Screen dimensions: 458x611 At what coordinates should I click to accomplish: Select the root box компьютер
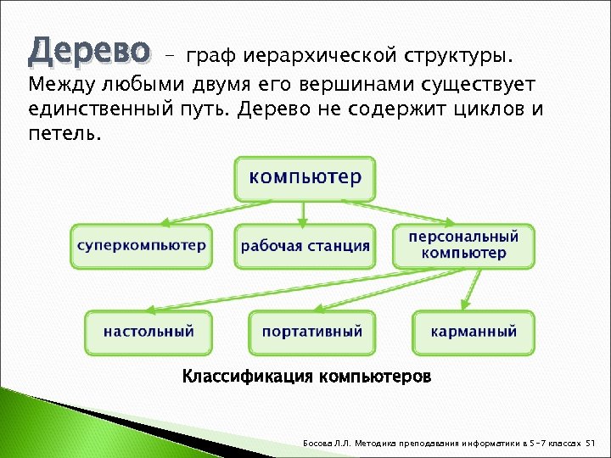[305, 178]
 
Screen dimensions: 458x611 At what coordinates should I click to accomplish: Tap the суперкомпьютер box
[141, 246]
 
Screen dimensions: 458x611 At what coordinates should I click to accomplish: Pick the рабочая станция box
[305, 247]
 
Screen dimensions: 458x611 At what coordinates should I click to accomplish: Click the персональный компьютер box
[463, 245]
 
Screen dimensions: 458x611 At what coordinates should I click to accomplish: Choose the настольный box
[149, 332]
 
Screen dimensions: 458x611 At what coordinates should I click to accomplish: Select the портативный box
[311, 332]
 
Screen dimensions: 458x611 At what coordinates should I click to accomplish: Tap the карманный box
[474, 332]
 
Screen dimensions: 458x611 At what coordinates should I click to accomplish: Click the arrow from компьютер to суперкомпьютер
[216, 213]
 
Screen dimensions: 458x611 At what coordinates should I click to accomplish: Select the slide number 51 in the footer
[592, 444]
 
